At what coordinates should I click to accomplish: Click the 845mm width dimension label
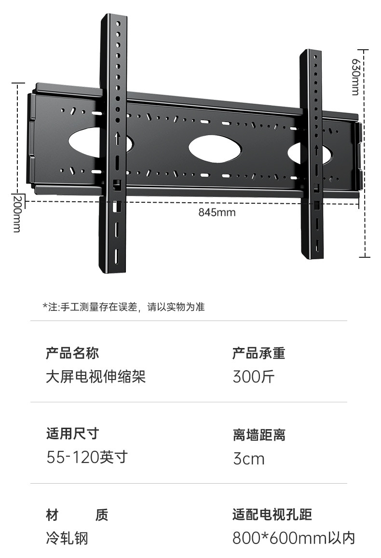217,212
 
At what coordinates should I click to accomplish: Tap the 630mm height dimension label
355,77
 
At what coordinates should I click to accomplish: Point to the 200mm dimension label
16,214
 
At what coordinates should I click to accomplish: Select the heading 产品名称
72,353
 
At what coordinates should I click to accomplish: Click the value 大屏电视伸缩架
96,377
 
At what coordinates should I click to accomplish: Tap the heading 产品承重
259,353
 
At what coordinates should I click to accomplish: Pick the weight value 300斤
254,377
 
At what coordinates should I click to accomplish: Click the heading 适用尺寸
72,433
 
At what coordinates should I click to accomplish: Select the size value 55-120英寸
87,457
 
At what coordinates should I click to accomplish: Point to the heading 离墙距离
259,435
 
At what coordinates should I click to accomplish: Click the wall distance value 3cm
249,458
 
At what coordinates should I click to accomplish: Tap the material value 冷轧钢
68,538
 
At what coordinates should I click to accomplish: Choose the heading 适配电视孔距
272,515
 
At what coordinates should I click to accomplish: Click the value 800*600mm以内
294,538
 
